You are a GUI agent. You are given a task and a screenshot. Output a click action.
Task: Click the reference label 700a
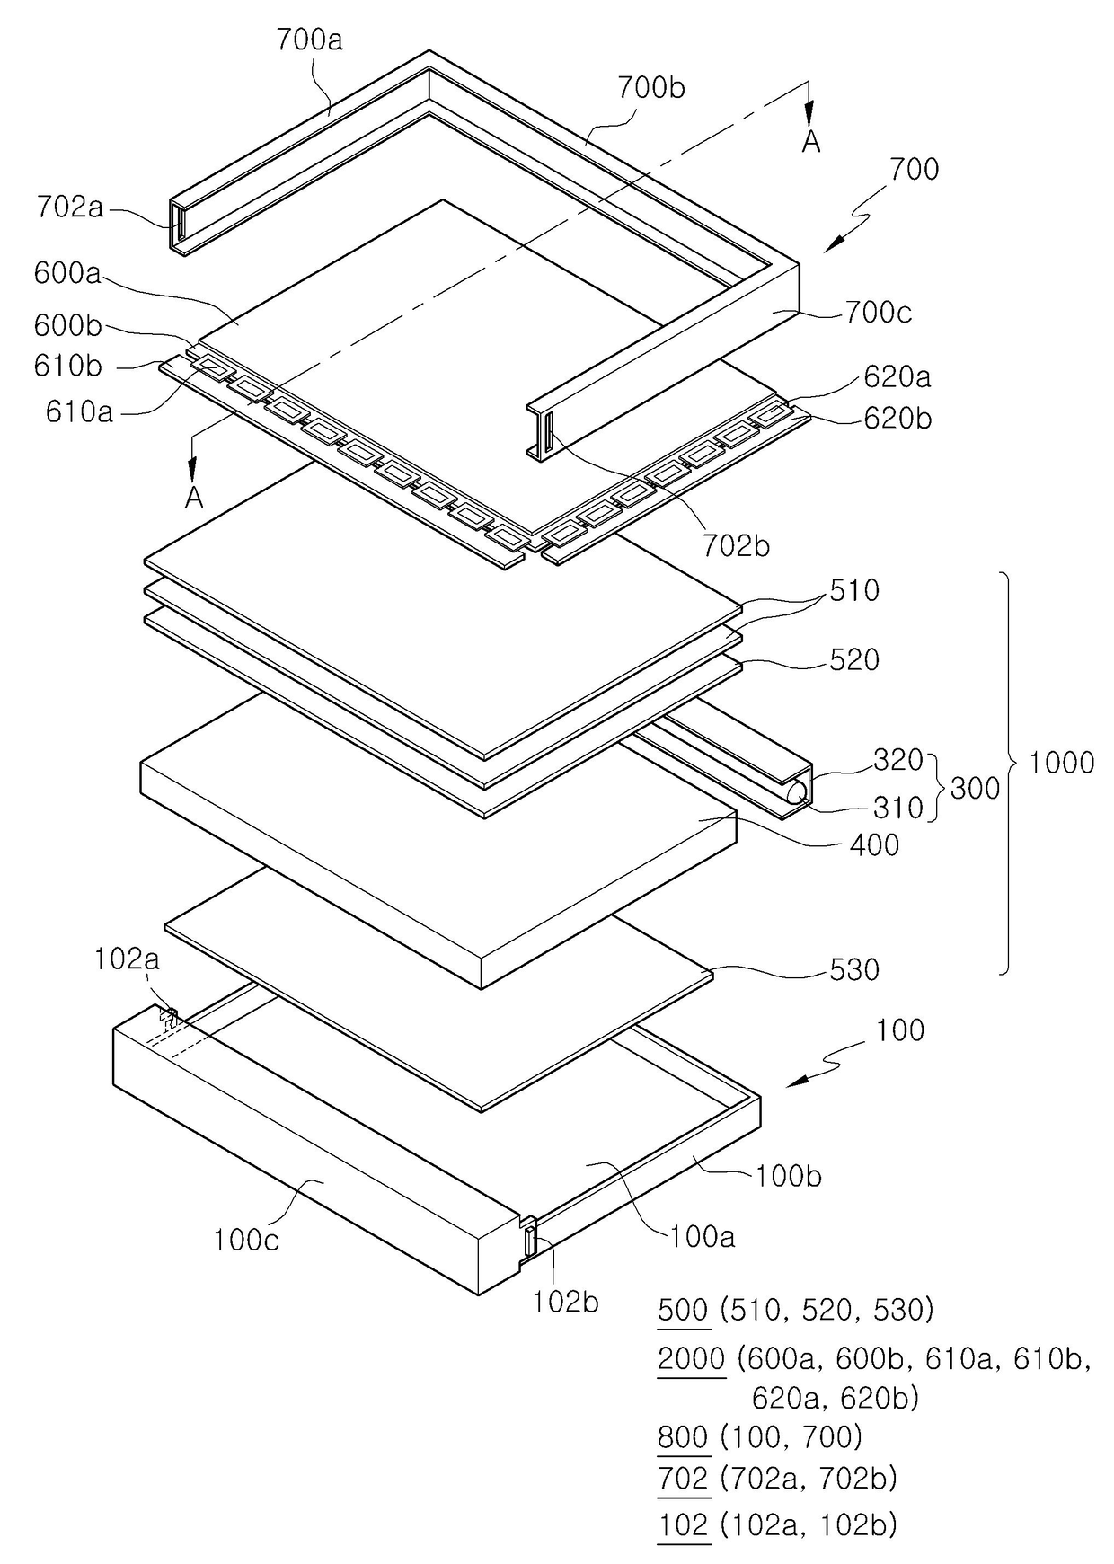[x=309, y=40]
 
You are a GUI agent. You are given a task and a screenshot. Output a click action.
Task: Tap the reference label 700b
[x=651, y=88]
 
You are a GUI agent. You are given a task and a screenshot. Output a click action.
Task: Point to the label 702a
[x=70, y=208]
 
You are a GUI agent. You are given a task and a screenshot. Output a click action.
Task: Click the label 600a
[x=67, y=273]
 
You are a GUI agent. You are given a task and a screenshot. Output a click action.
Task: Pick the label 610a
[x=79, y=411]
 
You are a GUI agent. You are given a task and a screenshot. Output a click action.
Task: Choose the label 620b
[x=897, y=418]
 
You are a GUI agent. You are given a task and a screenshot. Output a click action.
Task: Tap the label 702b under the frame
[x=736, y=545]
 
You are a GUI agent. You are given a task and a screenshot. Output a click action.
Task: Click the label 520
[x=853, y=660]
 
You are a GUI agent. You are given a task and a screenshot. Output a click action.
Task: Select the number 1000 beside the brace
[x=1061, y=764]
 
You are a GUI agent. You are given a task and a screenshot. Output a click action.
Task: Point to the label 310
[x=897, y=808]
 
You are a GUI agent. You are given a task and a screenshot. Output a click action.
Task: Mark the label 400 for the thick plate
[x=873, y=844]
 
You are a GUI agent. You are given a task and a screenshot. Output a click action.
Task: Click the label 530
[x=853, y=970]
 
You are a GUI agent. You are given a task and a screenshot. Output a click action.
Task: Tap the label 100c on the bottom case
[x=246, y=1241]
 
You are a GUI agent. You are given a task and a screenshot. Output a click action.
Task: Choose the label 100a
[x=702, y=1237]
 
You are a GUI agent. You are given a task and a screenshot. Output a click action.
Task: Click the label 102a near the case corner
[x=127, y=959]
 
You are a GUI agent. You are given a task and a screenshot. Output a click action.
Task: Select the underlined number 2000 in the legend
[x=691, y=1359]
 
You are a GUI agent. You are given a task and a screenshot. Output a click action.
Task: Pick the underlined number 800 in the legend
[x=683, y=1437]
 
